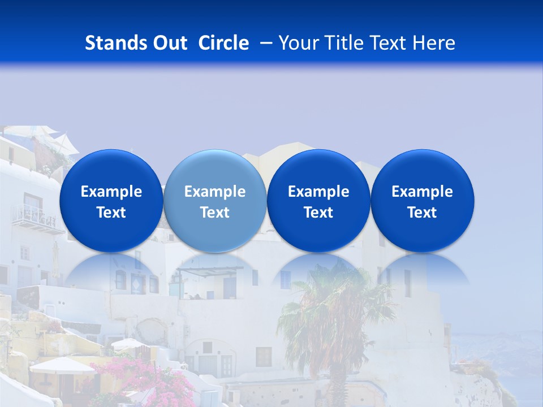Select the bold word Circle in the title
(x=223, y=43)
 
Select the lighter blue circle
(x=215, y=201)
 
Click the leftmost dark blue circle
(x=111, y=201)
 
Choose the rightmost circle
(x=423, y=201)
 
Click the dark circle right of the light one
(x=318, y=201)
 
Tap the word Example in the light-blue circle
(x=215, y=192)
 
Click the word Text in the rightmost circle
(x=423, y=213)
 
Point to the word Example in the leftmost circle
(x=111, y=192)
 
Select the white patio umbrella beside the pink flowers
(x=62, y=366)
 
